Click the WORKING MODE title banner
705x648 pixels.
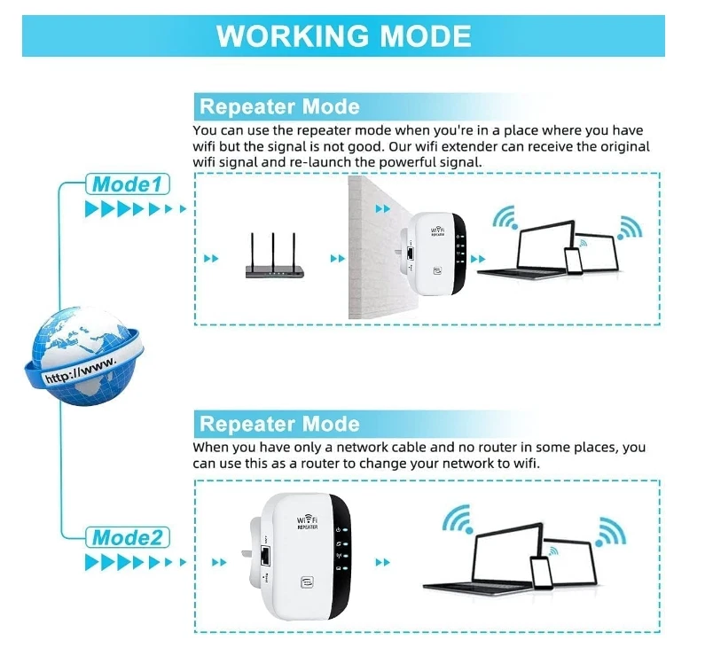point(343,35)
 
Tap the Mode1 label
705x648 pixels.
point(127,184)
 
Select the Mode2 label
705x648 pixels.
point(127,537)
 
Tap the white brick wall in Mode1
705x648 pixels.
point(372,248)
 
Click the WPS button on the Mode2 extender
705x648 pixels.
point(307,583)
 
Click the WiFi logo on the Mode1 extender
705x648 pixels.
point(436,230)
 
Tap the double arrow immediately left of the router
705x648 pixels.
point(211,259)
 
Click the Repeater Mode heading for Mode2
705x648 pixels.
point(279,423)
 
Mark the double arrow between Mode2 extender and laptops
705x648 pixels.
point(383,562)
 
